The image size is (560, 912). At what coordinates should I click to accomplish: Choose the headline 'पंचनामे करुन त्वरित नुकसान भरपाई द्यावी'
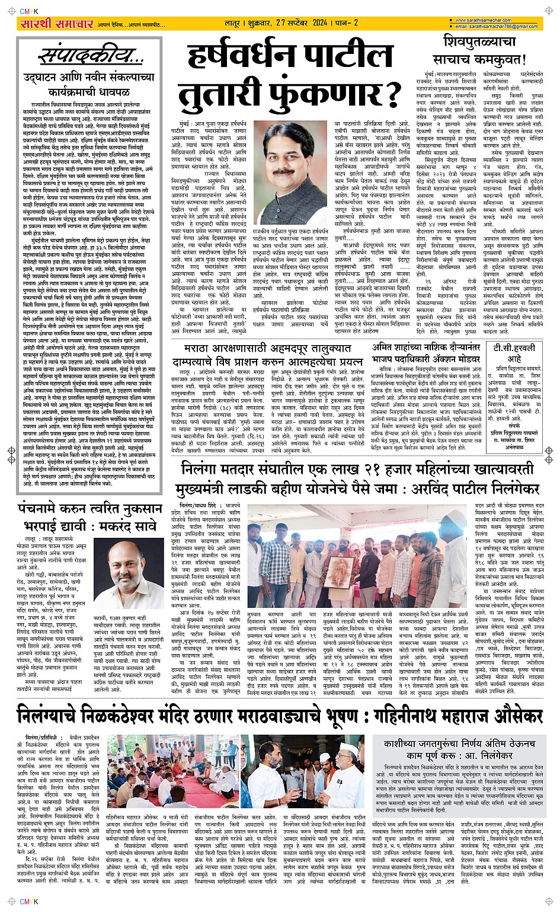(90, 516)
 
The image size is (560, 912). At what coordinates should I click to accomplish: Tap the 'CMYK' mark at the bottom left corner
(28, 902)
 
